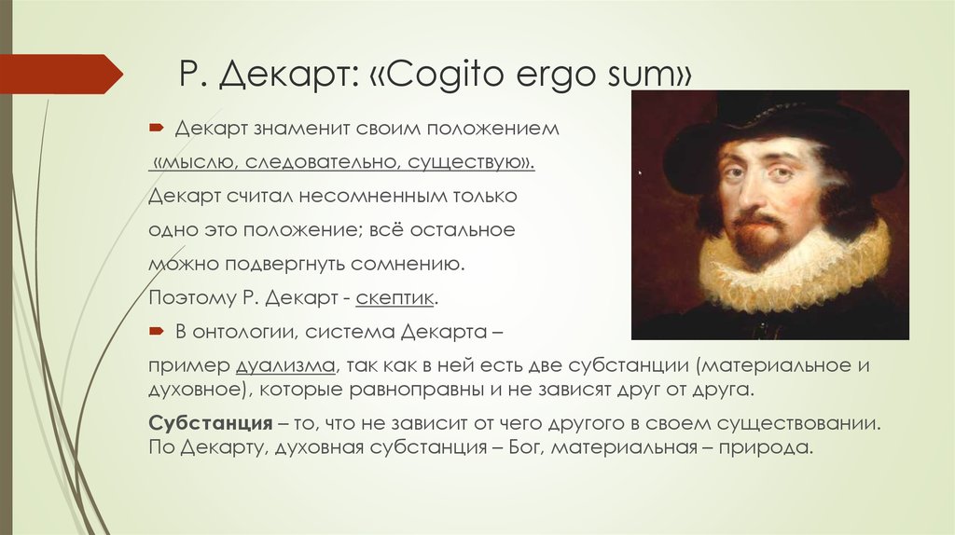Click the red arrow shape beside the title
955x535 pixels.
point(61,75)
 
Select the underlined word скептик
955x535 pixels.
point(394,297)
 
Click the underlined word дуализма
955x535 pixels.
point(285,365)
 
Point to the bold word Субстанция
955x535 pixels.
point(211,423)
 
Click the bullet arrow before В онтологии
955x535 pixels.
point(157,331)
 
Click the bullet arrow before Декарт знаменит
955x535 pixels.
point(157,128)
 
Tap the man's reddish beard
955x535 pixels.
point(758,234)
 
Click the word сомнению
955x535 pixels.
point(408,264)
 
